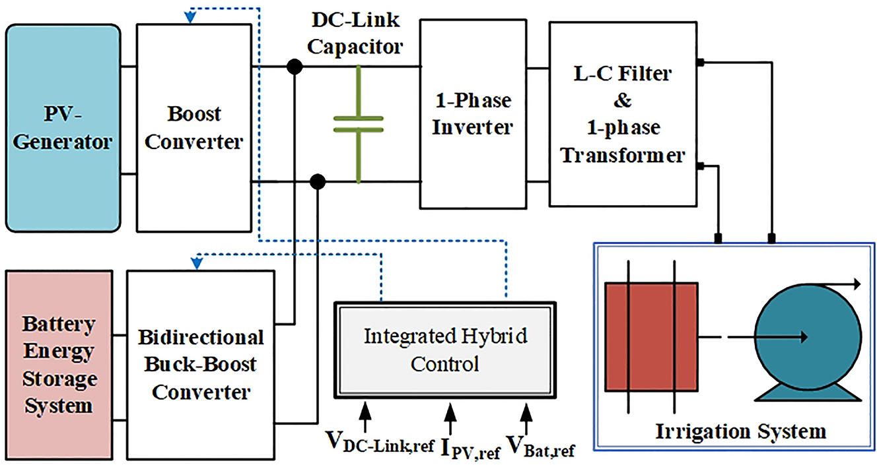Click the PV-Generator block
(63, 128)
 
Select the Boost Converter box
(193, 128)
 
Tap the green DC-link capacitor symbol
(358, 123)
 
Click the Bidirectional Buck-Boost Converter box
(201, 364)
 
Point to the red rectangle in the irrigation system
(651, 336)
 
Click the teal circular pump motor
(807, 336)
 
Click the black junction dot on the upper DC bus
(295, 67)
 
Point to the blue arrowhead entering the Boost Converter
(190, 18)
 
